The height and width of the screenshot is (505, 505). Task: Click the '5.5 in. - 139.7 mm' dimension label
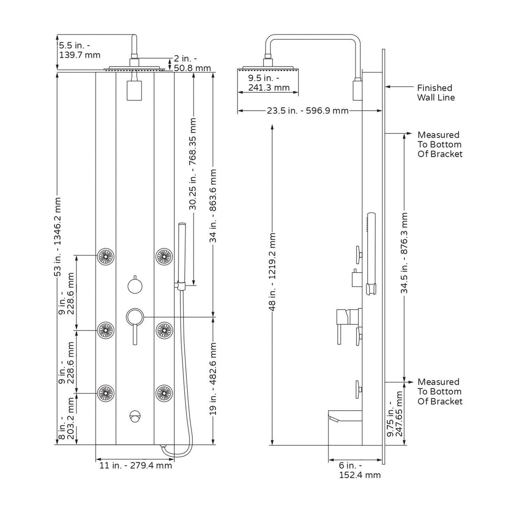click(x=80, y=50)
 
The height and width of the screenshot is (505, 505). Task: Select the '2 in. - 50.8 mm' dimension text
click(x=192, y=63)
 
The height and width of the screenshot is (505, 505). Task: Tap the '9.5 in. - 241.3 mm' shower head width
click(x=269, y=83)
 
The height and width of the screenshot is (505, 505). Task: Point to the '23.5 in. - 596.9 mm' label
click(x=308, y=111)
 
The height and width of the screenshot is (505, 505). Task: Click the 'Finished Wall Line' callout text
click(x=435, y=93)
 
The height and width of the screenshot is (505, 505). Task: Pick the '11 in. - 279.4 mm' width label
click(x=136, y=466)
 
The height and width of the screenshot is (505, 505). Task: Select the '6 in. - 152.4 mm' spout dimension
click(x=359, y=470)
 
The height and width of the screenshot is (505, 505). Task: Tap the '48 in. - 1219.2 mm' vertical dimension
click(x=273, y=271)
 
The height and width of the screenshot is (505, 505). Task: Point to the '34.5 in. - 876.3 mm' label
click(x=404, y=253)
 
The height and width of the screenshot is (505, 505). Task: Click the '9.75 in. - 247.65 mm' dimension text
click(x=395, y=414)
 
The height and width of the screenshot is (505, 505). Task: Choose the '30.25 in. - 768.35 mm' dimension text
click(x=193, y=164)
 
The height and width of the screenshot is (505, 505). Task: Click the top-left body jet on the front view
click(x=106, y=256)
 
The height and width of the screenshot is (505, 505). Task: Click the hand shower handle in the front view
click(x=181, y=252)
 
